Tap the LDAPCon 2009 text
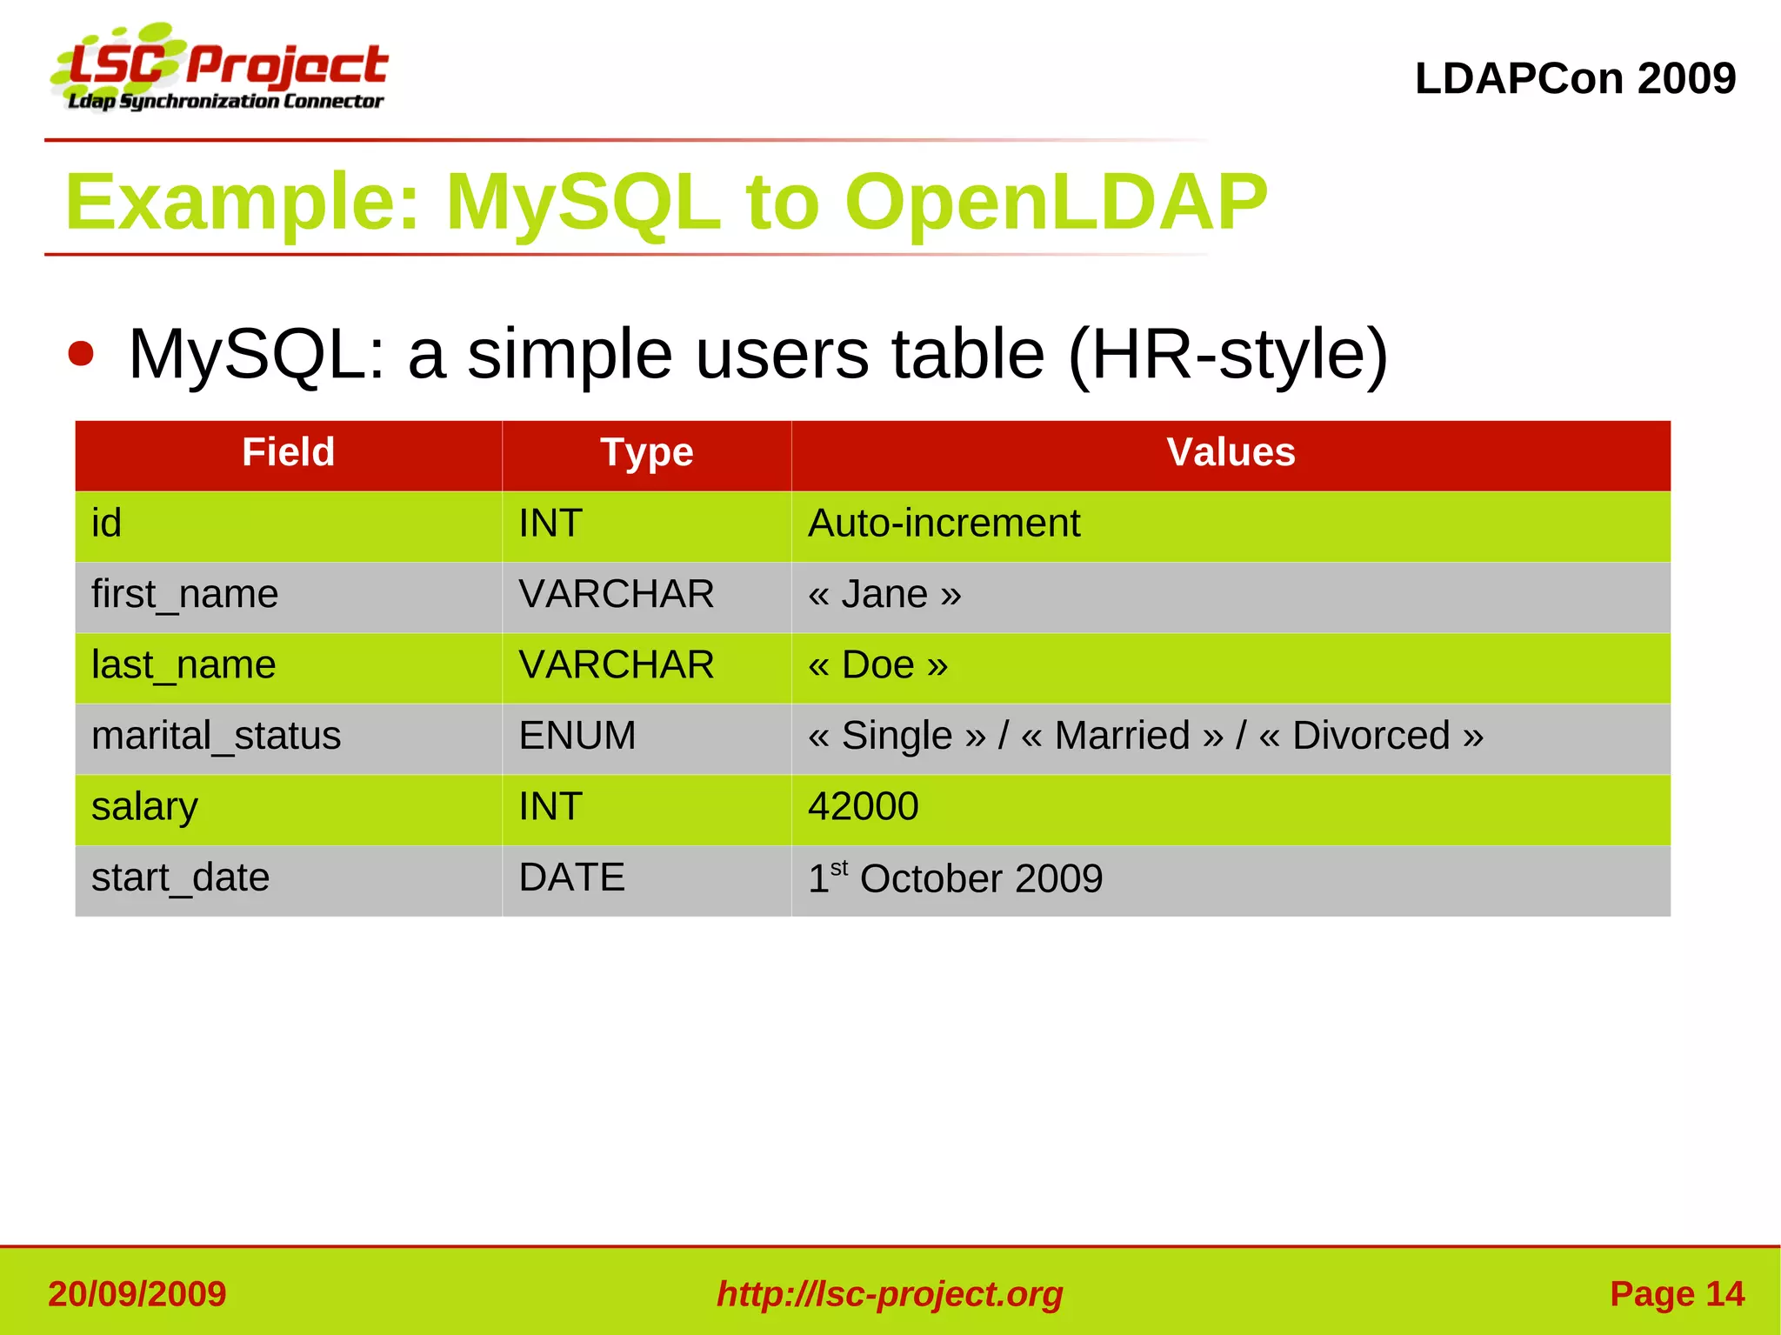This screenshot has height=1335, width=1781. [1574, 78]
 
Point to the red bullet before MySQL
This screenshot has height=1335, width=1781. [81, 354]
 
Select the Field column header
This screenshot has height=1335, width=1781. [288, 452]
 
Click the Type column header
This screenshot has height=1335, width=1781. [646, 452]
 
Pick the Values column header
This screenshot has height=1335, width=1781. [1230, 452]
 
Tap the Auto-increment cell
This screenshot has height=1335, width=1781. [944, 524]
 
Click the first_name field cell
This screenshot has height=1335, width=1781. [184, 595]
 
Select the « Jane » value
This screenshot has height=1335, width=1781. [884, 595]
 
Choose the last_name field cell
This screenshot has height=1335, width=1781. [183, 665]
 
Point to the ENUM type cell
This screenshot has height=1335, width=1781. [577, 736]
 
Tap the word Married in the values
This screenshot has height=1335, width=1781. [1122, 736]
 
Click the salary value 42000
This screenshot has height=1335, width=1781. [863, 806]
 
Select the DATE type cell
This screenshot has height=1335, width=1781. [571, 878]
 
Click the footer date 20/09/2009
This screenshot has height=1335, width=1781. [137, 1293]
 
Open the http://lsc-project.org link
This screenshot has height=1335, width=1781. [890, 1293]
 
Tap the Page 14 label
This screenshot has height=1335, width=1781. [1676, 1293]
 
